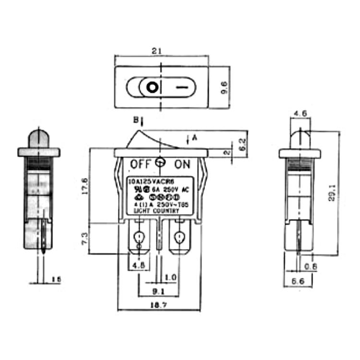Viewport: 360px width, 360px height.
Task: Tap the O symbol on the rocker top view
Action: pos(152,88)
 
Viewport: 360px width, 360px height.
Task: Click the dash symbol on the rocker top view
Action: pos(181,88)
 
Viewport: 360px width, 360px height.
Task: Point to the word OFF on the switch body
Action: pos(141,164)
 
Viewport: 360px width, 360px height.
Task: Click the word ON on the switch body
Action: pos(182,164)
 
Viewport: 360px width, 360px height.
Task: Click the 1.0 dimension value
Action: pos(169,278)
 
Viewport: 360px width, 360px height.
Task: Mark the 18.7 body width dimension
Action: pos(158,306)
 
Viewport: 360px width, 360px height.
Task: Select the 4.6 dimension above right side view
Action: pos(300,113)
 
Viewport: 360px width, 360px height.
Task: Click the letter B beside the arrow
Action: pos(135,120)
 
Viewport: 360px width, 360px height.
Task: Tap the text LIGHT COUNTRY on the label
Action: pos(156,211)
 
